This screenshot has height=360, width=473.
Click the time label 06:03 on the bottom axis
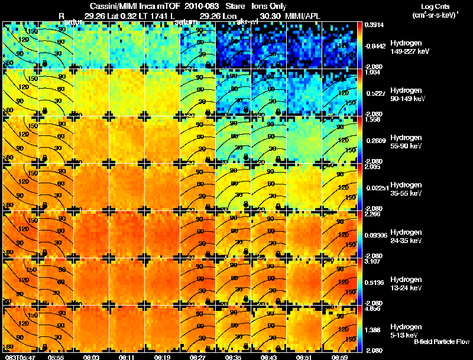[x=92, y=357]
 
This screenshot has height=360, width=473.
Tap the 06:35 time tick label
[x=234, y=357]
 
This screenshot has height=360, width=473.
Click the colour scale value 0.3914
[x=374, y=25]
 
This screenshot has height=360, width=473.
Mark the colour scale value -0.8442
[x=375, y=45]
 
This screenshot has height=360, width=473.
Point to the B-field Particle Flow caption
[x=441, y=342]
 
